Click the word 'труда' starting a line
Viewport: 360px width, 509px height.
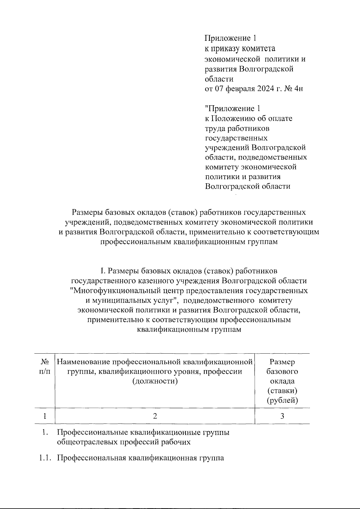[215, 128]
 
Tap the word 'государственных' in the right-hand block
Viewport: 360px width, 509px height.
[236, 138]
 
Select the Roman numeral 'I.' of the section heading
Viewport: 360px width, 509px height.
[103, 271]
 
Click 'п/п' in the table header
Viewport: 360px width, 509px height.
[45, 372]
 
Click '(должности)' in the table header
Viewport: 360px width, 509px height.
[154, 381]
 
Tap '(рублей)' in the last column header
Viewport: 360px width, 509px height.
[282, 400]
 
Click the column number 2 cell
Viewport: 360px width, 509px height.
[154, 416]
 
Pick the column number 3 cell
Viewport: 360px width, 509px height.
[282, 416]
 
